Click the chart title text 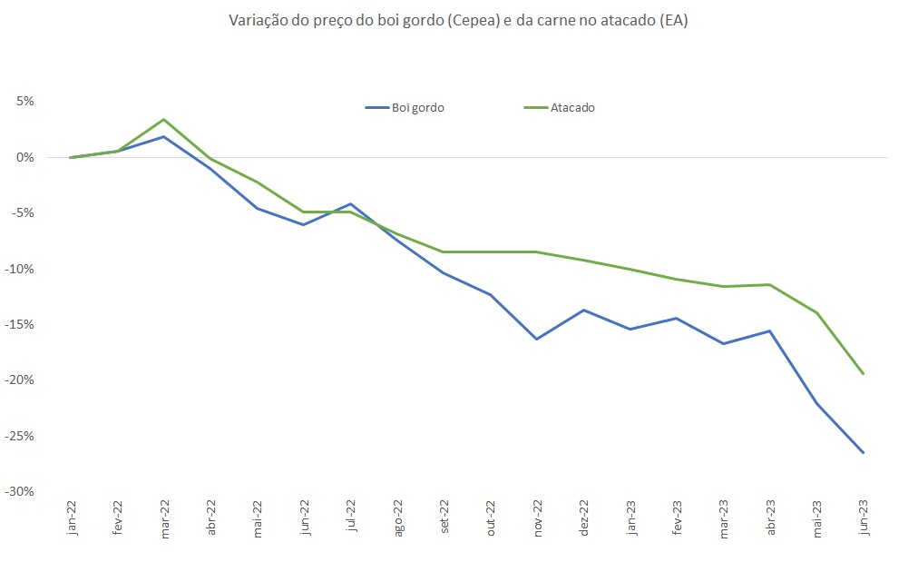[x=458, y=21]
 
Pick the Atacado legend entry [x=560, y=107]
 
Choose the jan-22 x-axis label [x=72, y=518]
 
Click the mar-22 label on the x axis [x=165, y=518]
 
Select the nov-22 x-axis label [x=538, y=518]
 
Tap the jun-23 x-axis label [x=864, y=518]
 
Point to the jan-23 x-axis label [x=630, y=518]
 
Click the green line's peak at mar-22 [x=163, y=120]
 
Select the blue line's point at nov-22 [x=537, y=340]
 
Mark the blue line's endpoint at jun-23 [x=863, y=452]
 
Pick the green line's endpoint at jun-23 [x=863, y=373]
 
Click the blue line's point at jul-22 [x=350, y=204]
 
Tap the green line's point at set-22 [x=444, y=251]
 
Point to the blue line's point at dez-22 [x=583, y=310]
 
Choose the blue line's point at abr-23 [x=770, y=330]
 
